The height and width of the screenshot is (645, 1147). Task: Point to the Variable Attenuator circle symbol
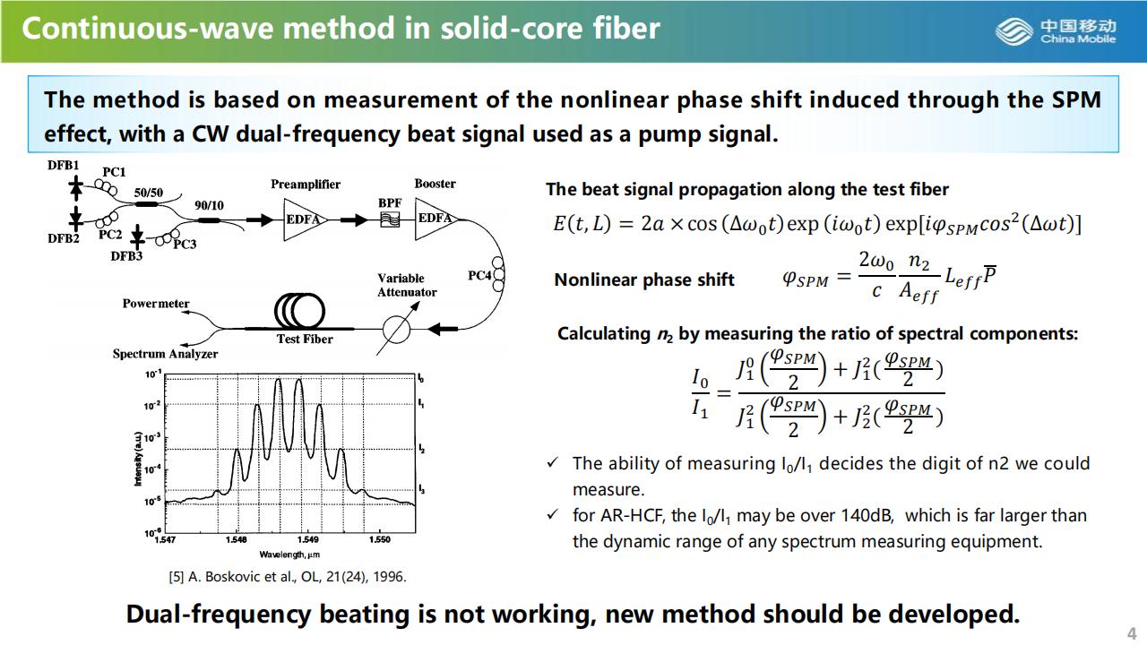396,329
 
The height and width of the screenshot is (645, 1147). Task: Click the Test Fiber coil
300,311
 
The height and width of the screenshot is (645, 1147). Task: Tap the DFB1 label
64,166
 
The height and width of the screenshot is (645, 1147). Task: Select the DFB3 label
126,256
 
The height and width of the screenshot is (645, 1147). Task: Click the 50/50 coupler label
149,192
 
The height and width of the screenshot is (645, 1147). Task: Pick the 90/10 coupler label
209,205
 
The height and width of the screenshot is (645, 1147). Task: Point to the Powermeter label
156,304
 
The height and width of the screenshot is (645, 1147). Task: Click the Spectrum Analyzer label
165,354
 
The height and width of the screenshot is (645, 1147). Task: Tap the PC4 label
479,276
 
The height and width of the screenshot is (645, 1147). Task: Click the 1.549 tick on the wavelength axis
307,540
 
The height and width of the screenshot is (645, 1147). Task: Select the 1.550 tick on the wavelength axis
379,540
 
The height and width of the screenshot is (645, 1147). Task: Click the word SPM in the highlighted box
1076,99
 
